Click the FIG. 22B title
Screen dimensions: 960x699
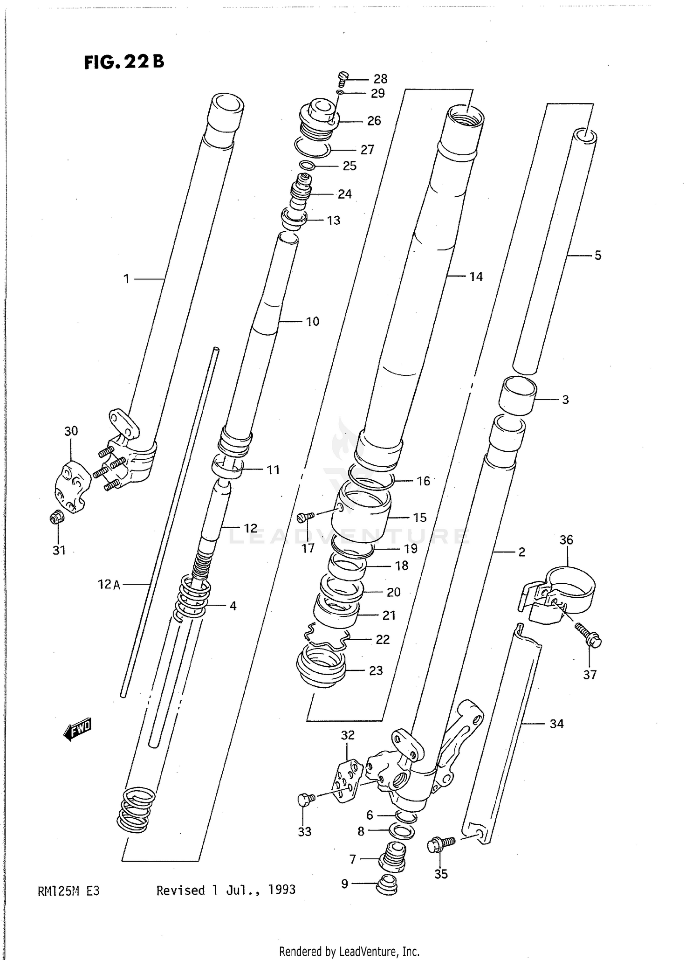(124, 62)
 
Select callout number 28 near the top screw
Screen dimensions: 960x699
(380, 79)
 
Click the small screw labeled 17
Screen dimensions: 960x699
(305, 516)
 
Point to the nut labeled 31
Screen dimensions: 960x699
(56, 517)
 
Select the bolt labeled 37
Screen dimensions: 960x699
(589, 635)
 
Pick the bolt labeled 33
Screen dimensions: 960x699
(306, 799)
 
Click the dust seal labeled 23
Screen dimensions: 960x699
(321, 668)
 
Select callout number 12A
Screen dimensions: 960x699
(110, 584)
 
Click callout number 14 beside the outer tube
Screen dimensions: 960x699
(476, 276)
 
